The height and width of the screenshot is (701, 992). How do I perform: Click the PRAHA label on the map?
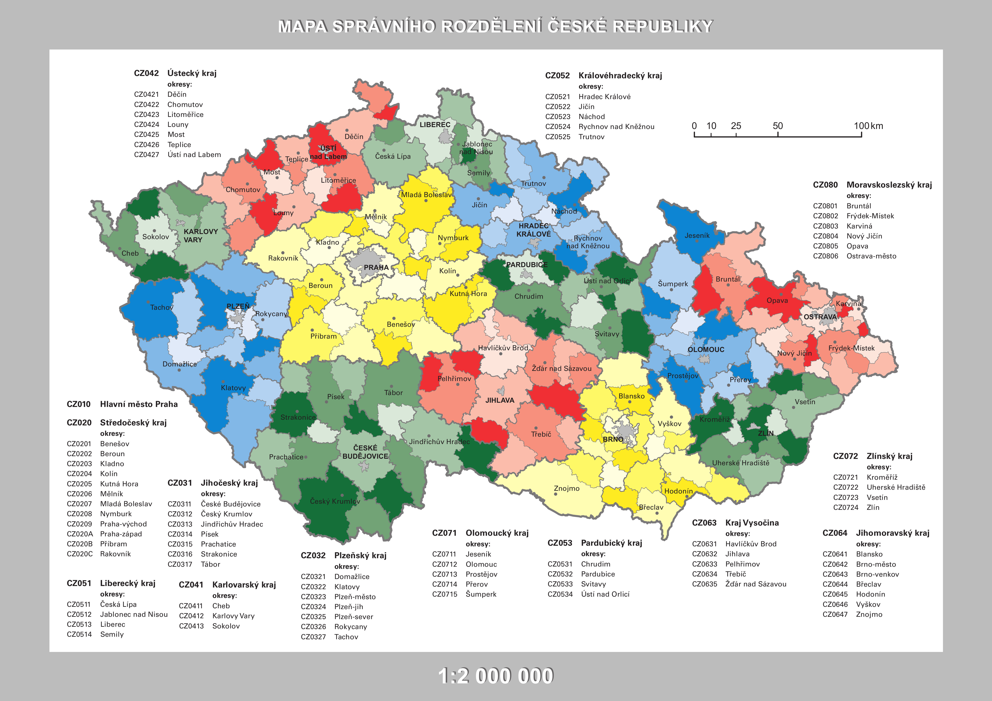[376, 267]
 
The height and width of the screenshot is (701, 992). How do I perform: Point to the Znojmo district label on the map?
[566, 488]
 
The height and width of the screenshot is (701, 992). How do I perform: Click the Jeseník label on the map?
[697, 235]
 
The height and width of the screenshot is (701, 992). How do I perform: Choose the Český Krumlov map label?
[335, 501]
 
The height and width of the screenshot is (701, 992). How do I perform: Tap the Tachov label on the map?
[162, 307]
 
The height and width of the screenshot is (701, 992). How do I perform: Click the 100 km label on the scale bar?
[868, 126]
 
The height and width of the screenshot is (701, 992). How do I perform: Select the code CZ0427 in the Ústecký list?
[146, 155]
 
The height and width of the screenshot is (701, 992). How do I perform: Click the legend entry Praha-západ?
[121, 534]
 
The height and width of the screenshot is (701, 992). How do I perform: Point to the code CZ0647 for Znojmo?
[835, 614]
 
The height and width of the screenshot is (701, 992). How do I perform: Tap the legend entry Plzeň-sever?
[354, 617]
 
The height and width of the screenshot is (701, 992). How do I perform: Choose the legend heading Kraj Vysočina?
[752, 523]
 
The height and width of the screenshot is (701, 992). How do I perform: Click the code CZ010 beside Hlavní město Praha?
[79, 404]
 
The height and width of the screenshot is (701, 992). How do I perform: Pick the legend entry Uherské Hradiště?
[896, 487]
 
